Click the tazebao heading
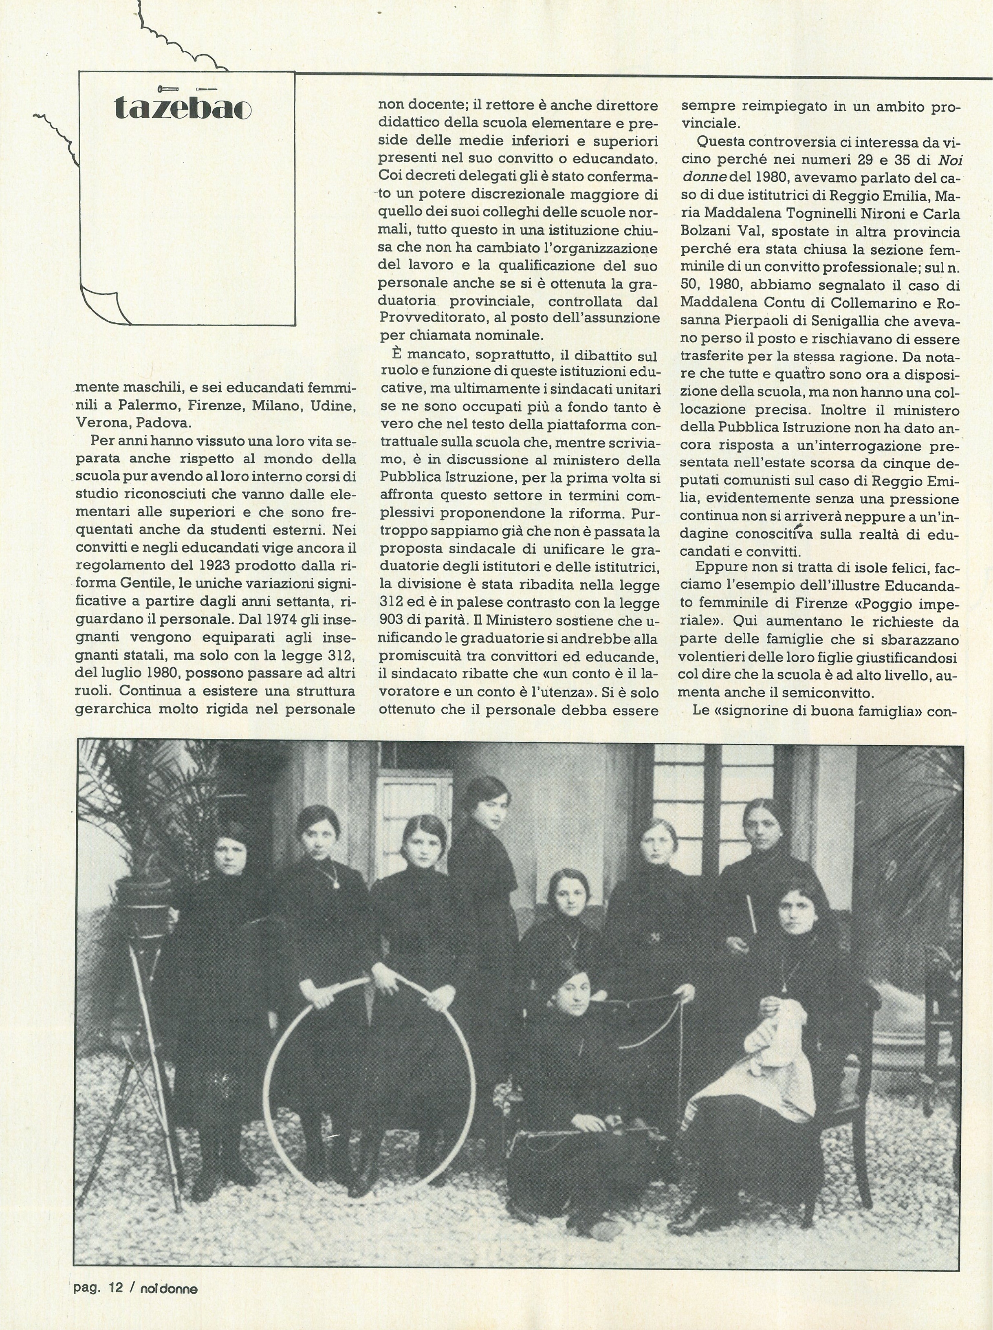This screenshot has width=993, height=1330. [182, 109]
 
